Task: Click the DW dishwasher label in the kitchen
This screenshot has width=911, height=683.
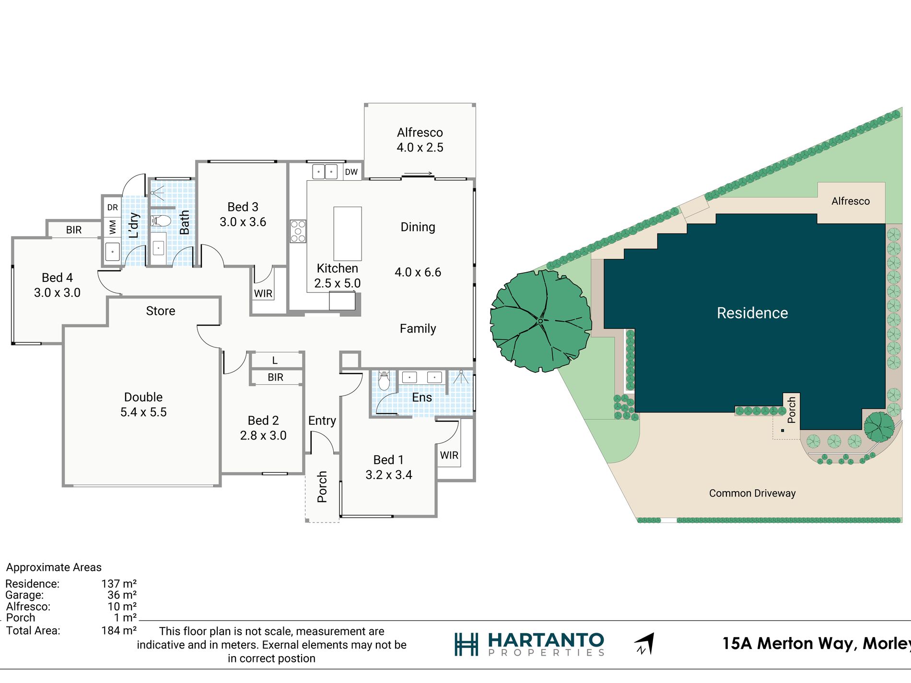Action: click(x=351, y=172)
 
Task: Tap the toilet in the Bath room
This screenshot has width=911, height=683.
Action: click(x=161, y=221)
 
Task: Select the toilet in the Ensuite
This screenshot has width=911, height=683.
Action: click(x=384, y=381)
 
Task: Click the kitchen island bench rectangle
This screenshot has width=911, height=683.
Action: click(x=348, y=233)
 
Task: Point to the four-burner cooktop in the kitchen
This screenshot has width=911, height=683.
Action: click(x=298, y=231)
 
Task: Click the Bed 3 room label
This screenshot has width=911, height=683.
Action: click(x=243, y=207)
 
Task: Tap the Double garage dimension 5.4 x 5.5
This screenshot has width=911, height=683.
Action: click(x=143, y=412)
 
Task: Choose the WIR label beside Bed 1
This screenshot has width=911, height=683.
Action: click(x=449, y=455)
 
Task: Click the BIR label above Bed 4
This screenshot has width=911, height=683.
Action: click(x=74, y=230)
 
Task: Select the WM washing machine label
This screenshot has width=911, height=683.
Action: click(x=113, y=227)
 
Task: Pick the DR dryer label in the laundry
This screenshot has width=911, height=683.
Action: click(x=113, y=208)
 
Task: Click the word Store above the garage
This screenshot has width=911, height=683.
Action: click(x=161, y=311)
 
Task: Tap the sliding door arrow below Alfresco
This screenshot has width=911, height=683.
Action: click(x=419, y=174)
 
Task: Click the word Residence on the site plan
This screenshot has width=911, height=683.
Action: click(x=752, y=313)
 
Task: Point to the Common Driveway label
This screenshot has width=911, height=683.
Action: click(x=752, y=493)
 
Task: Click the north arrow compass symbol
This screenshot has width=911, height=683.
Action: click(x=644, y=644)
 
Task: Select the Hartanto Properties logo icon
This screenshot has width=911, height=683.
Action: click(x=467, y=645)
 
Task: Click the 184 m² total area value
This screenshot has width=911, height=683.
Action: click(x=119, y=631)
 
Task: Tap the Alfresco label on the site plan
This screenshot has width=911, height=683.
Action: click(x=851, y=201)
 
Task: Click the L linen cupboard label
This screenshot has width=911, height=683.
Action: click(x=275, y=360)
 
